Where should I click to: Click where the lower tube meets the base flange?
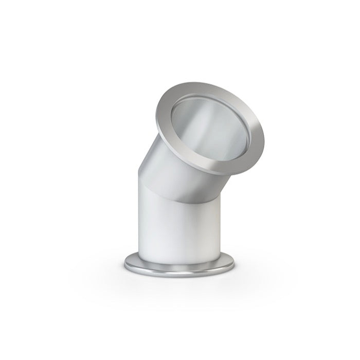pyautogui.click(x=179, y=260)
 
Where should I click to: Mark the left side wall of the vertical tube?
pyautogui.click(x=140, y=221)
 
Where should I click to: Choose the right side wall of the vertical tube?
pyautogui.click(x=220, y=226)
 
